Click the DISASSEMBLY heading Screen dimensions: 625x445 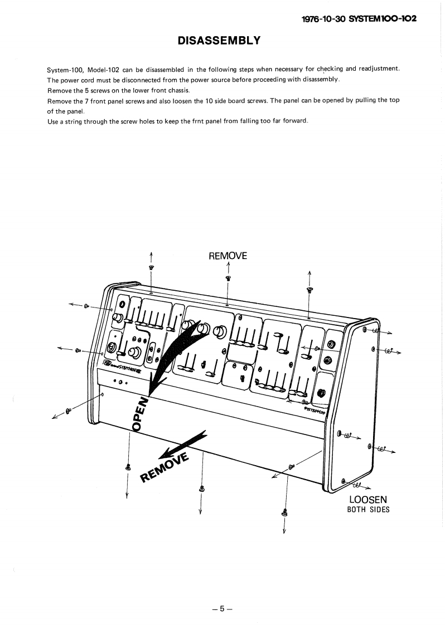pyautogui.click(x=219, y=41)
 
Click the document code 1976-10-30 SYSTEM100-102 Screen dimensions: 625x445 pyautogui.click(x=359, y=18)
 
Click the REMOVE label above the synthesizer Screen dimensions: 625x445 pyautogui.click(x=228, y=256)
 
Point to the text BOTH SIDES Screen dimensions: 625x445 pyautogui.click(x=368, y=510)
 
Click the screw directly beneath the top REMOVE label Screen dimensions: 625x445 pyautogui.click(x=228, y=277)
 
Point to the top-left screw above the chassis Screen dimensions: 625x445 pyautogui.click(x=151, y=268)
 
